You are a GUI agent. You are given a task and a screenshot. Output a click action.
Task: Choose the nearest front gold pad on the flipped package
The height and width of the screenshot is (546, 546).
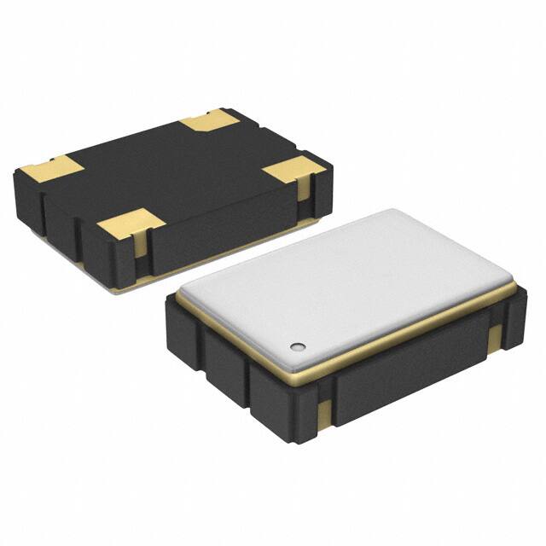(131, 224)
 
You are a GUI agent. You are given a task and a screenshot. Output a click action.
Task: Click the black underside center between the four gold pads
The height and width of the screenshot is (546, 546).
(171, 171)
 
